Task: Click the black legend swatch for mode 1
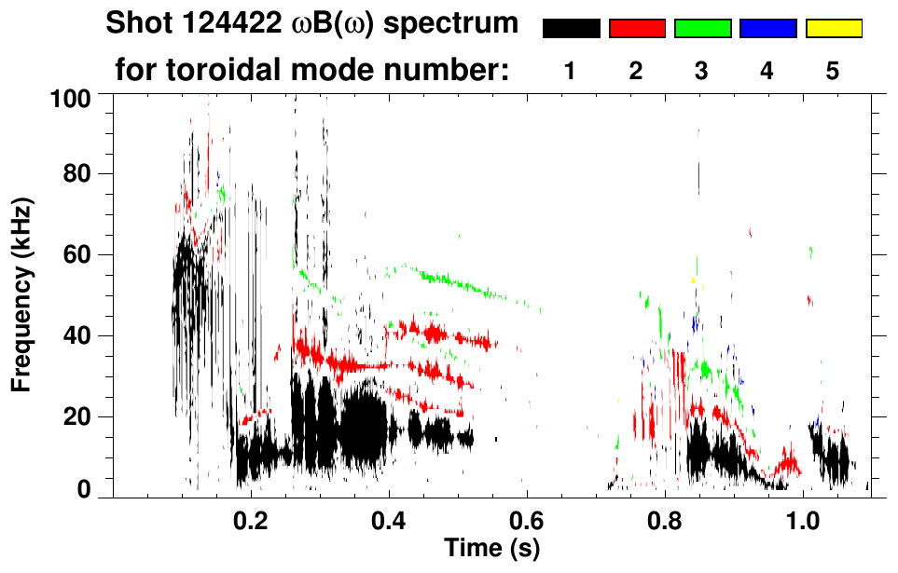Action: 572,29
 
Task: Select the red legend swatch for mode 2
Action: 637,29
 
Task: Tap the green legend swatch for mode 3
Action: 702,29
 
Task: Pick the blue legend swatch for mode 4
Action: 767,29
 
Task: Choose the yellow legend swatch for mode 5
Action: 834,29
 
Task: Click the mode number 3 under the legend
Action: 701,72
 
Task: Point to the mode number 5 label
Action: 833,72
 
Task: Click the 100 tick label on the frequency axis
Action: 74,97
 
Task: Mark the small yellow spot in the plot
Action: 693,280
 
